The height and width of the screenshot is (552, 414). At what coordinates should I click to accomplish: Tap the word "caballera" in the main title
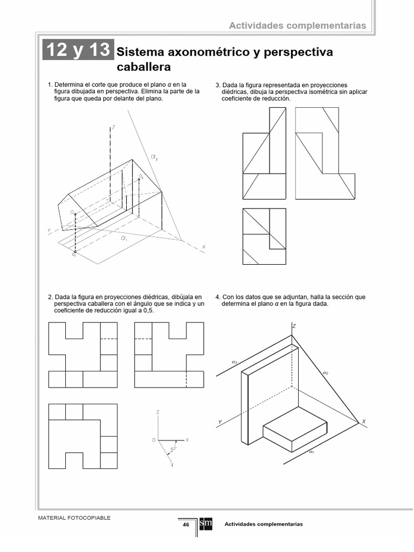(143, 67)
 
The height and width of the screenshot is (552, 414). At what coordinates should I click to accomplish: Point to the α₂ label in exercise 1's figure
(155, 157)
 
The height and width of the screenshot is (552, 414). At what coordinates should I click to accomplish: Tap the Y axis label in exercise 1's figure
(49, 230)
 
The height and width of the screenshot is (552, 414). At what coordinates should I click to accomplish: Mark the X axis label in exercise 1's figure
(204, 247)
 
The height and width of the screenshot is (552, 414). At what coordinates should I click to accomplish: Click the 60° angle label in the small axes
(172, 448)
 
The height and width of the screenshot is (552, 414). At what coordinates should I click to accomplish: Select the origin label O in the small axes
(154, 440)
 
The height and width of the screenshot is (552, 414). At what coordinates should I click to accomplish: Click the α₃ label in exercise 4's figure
(234, 362)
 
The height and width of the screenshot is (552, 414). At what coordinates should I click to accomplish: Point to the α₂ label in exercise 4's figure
(325, 372)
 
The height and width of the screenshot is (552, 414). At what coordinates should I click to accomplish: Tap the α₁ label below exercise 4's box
(312, 452)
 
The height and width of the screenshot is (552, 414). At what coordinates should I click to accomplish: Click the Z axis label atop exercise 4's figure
(294, 326)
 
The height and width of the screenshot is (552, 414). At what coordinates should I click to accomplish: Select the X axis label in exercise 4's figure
(363, 422)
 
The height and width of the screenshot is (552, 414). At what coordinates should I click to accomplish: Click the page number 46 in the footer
(185, 525)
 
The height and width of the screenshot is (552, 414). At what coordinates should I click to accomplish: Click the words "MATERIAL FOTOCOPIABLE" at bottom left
(74, 517)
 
